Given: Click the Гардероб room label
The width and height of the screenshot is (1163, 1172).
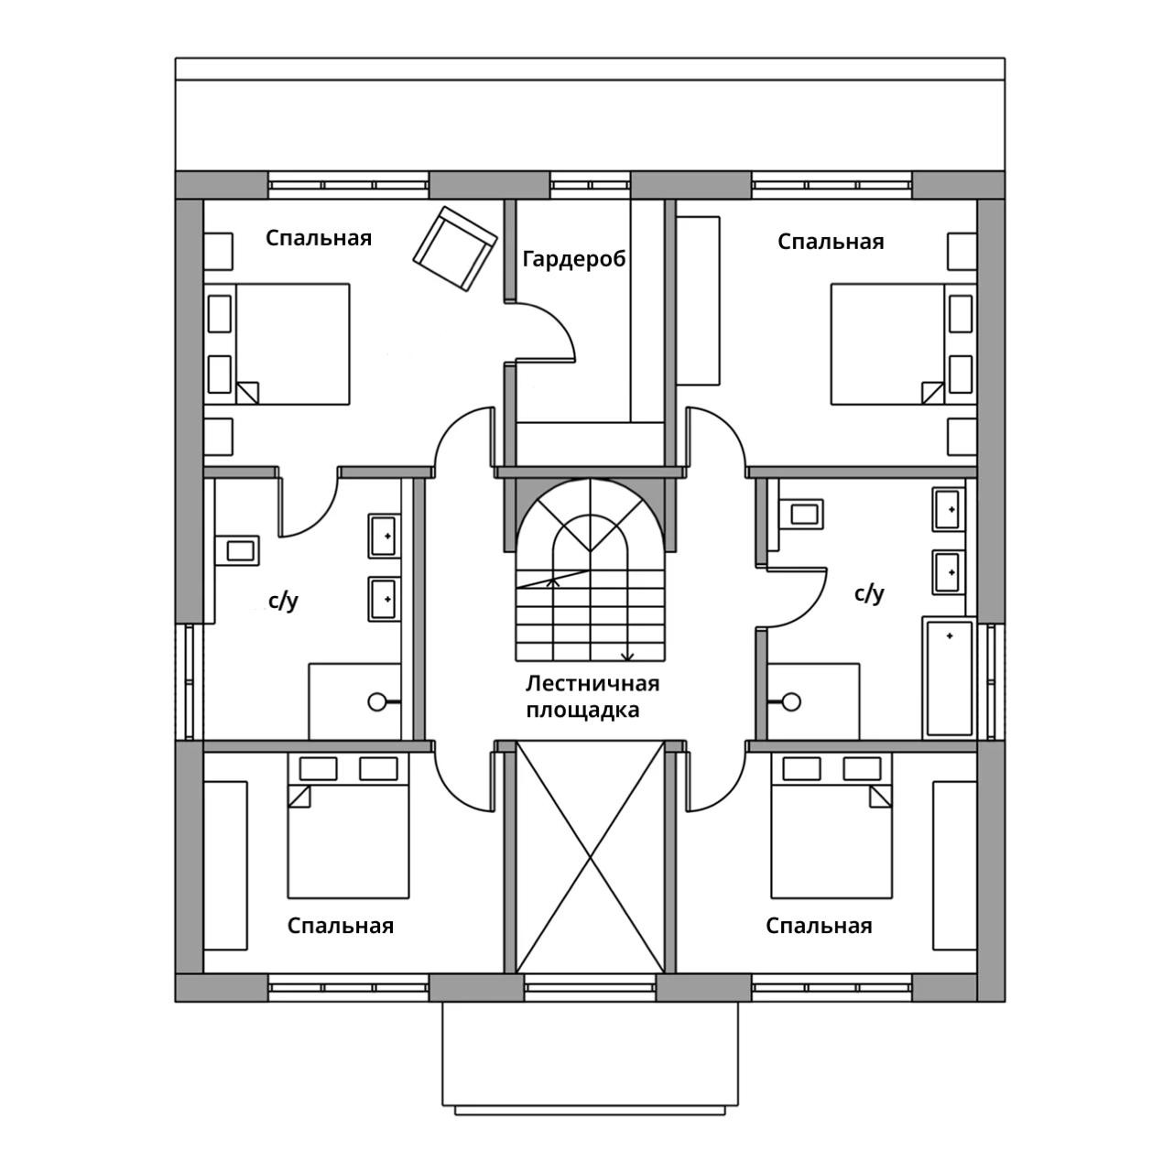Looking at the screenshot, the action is tap(574, 260).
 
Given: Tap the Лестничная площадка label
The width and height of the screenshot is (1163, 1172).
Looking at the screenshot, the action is tap(592, 697).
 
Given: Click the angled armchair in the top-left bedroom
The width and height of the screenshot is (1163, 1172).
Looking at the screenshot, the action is tap(454, 249).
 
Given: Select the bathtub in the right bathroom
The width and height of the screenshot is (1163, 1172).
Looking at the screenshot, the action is tap(949, 678).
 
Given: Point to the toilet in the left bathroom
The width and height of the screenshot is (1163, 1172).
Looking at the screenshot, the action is tap(237, 550).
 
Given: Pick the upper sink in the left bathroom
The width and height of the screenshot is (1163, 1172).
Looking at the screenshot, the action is tap(384, 536).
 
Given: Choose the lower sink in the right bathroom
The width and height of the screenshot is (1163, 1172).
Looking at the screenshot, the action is tap(948, 572).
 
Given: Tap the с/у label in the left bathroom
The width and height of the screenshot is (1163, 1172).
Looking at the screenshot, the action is tap(283, 602).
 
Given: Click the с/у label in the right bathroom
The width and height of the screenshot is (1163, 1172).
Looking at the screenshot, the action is tap(868, 593).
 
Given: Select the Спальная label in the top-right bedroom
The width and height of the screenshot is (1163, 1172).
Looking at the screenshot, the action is tap(830, 242).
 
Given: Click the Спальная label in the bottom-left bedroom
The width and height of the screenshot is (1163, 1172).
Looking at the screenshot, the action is tap(340, 926).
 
